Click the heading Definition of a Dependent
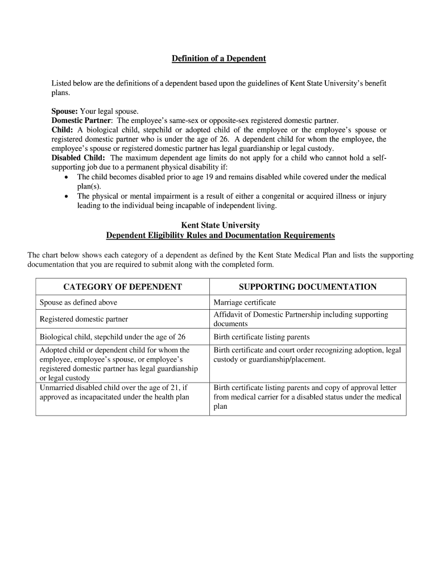pyautogui.click(x=219, y=59)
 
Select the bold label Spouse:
pyautogui.click(x=65, y=111)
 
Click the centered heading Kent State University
pyautogui.click(x=220, y=225)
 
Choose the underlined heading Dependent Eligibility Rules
pyautogui.click(x=220, y=235)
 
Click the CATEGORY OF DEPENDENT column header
pyautogui.click(x=122, y=287)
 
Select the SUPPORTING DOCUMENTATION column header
pyautogui.click(x=307, y=287)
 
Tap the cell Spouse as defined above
pyautogui.click(x=78, y=302)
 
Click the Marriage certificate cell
pyautogui.click(x=245, y=302)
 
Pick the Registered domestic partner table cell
pyautogui.click(x=84, y=319)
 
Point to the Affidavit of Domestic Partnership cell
pyautogui.click(x=300, y=319)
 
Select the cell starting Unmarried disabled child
pyautogui.click(x=114, y=392)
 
